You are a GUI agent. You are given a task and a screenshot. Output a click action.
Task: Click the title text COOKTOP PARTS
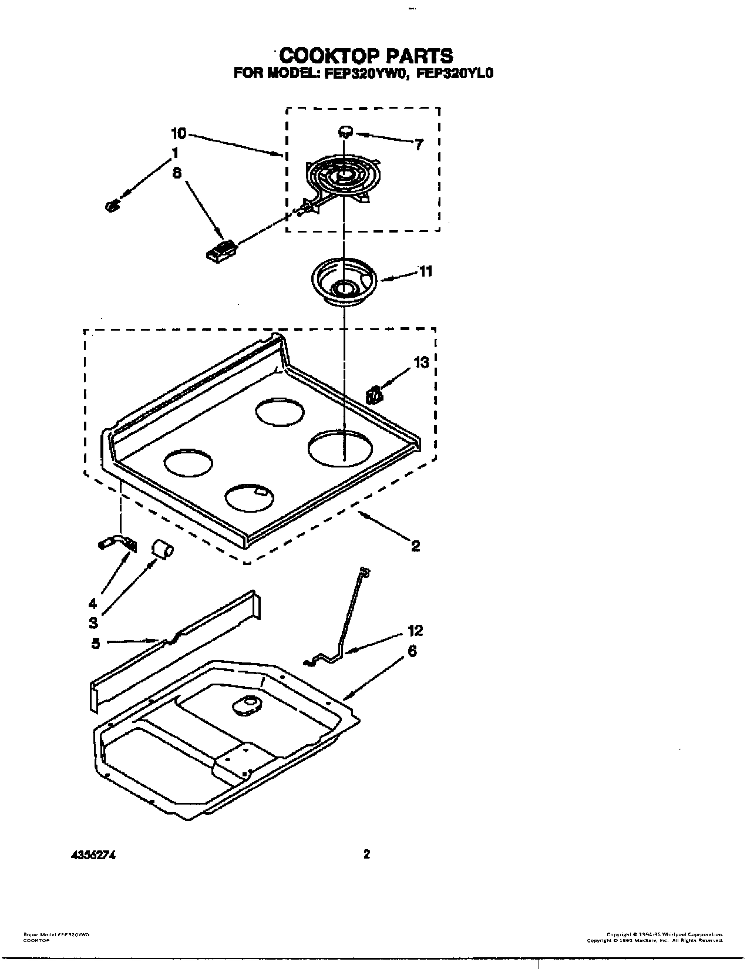(366, 56)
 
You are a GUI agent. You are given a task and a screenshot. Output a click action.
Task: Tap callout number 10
(179, 134)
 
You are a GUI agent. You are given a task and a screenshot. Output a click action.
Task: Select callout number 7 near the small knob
(418, 144)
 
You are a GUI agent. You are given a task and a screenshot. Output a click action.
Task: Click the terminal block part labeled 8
(221, 249)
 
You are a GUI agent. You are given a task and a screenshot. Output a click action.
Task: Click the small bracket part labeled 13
(373, 395)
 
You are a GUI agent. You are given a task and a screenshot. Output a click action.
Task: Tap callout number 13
(421, 362)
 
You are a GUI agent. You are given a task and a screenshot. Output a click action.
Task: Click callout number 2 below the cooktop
(415, 546)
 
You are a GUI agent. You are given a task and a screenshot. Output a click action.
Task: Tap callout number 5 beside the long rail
(95, 643)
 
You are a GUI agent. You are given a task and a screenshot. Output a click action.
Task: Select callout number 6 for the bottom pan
(412, 651)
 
